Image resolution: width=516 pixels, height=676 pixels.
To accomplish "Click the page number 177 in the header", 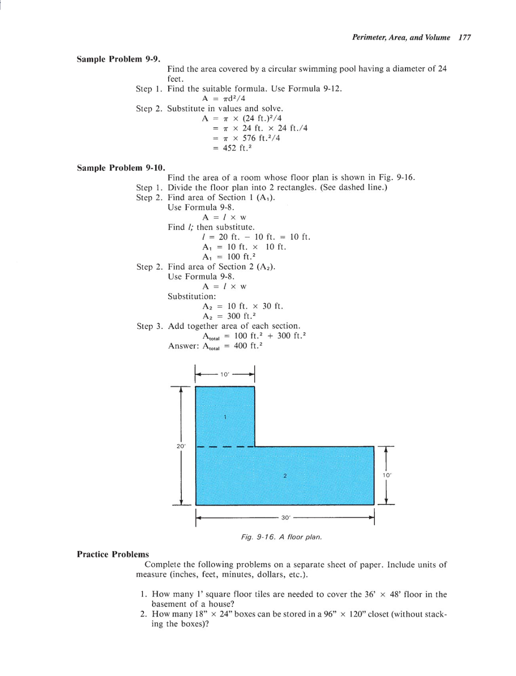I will point(464,38).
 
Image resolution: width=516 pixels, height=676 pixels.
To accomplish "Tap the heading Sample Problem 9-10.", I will point(121,168).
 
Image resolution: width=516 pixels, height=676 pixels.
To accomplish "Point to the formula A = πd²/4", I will point(223,98).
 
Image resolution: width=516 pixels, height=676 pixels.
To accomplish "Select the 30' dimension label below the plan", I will point(285,517).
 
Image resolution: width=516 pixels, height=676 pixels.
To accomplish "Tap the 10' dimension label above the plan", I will point(225,374).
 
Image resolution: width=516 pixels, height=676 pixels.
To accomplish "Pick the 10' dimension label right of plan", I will point(387,475).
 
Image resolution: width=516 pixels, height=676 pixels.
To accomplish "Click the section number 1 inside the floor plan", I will point(225,417).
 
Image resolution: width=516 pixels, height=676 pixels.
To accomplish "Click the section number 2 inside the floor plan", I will point(284,476).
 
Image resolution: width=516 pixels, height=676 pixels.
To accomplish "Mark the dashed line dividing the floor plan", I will point(225,447).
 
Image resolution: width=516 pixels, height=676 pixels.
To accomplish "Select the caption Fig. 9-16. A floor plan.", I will point(281,537).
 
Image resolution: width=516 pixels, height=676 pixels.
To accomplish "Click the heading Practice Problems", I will point(113,554).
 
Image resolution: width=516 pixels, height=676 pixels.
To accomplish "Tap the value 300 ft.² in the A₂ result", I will point(241,316).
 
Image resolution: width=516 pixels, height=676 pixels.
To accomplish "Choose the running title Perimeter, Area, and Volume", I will point(401,38).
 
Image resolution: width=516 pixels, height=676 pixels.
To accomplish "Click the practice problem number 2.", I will point(143,614).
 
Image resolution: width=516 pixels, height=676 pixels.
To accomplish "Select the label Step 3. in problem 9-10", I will point(150,326).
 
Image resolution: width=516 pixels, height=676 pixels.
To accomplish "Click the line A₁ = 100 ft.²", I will point(229,257).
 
